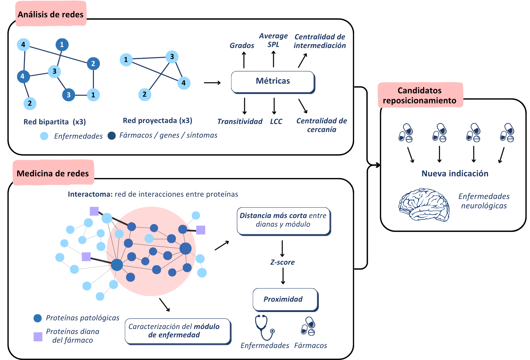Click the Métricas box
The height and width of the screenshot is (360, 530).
(x=273, y=82)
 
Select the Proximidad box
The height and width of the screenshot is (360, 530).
(x=285, y=300)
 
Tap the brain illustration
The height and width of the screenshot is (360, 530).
(x=424, y=205)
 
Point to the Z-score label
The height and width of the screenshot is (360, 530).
(x=282, y=262)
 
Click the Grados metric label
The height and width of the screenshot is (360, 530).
(x=242, y=45)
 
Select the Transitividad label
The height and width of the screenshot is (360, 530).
(x=240, y=121)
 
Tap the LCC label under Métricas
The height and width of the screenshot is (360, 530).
(x=276, y=121)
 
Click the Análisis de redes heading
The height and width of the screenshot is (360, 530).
(x=51, y=14)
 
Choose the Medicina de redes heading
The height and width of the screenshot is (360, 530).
(x=53, y=173)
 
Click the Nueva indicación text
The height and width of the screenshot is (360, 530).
(x=455, y=173)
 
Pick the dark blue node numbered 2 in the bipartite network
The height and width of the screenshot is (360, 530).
(x=93, y=63)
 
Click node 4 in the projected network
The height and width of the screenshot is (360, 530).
(x=184, y=83)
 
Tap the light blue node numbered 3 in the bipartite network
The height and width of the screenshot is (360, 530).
(x=54, y=71)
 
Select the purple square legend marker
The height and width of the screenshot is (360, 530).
(x=38, y=337)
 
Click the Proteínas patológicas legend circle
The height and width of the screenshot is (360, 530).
(x=38, y=318)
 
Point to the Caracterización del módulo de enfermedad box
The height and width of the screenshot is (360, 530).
(x=178, y=331)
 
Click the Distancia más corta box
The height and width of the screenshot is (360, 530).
(x=284, y=221)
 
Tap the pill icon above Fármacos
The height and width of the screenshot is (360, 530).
(x=308, y=326)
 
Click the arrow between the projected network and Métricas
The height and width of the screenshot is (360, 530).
(x=212, y=83)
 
